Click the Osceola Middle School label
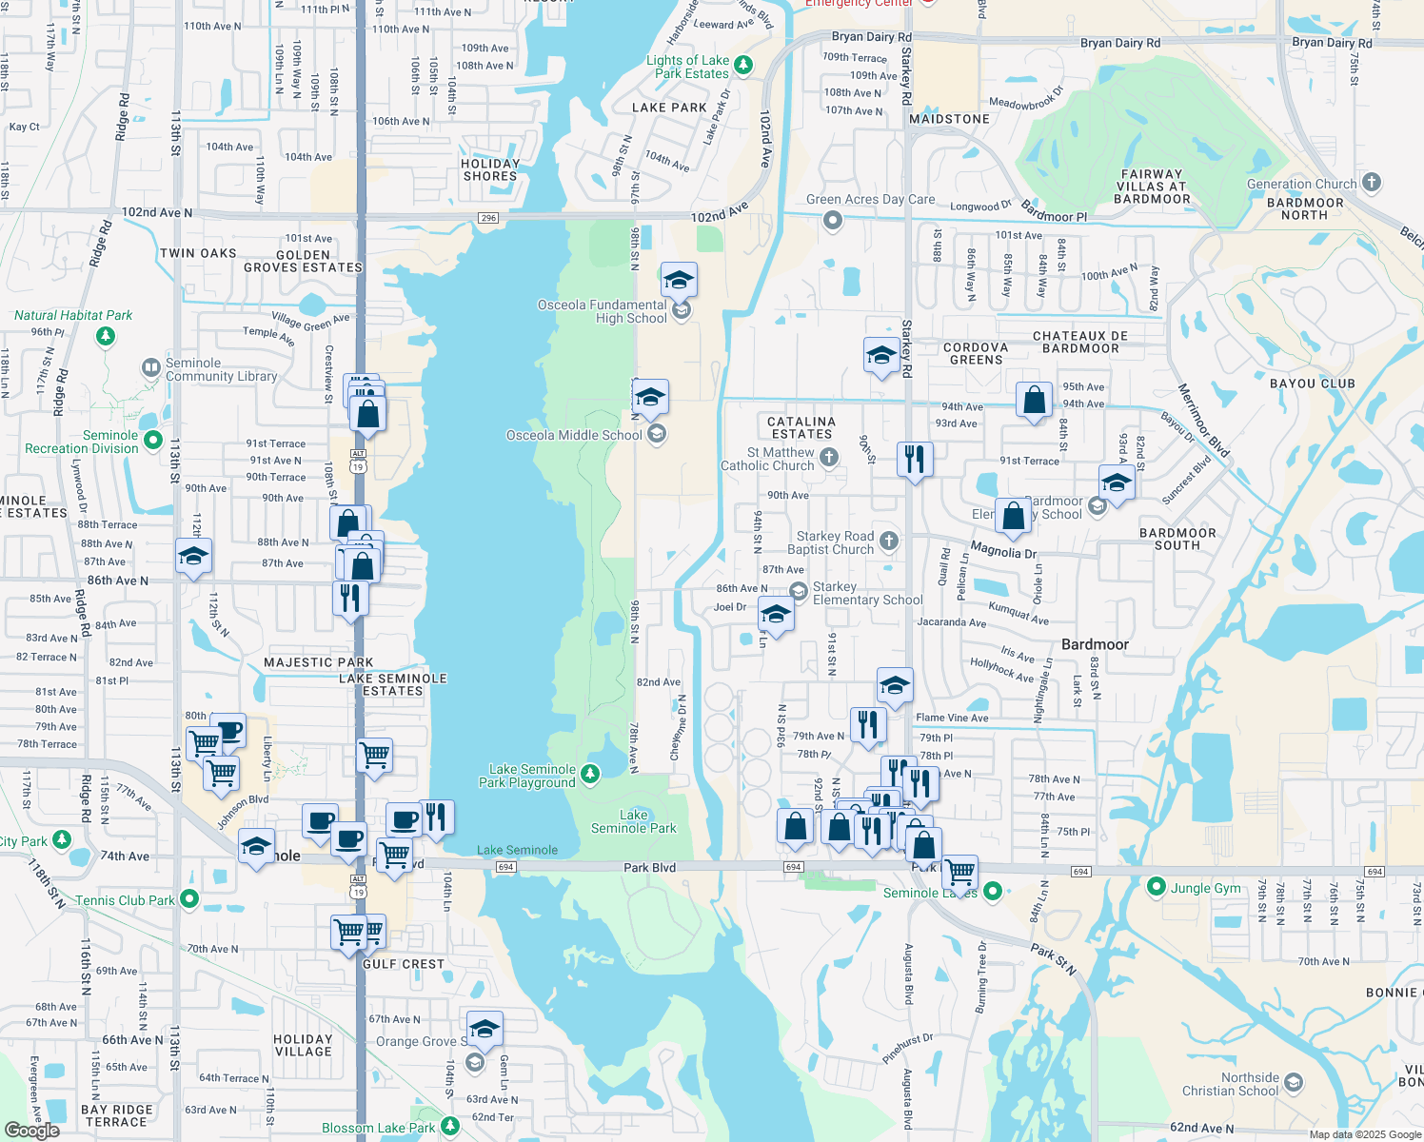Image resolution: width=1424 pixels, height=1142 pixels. coord(574,435)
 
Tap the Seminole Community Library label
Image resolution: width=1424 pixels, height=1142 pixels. coord(221,369)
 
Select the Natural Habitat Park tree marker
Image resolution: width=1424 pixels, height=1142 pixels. coord(106,336)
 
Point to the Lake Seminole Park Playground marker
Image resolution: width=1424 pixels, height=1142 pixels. coord(590,774)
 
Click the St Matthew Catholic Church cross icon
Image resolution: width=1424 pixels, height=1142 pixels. coord(829,458)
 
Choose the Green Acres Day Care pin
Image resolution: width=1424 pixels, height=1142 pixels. coord(833,221)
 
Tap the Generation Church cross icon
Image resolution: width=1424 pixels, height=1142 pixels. coord(1372,182)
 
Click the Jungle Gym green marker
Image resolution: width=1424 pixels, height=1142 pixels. coord(1157,887)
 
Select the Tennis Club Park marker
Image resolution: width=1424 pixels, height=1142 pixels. coord(189,898)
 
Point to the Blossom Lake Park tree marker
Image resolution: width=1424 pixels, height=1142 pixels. coord(450,1127)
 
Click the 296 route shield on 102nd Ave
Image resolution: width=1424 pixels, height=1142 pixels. coord(488,218)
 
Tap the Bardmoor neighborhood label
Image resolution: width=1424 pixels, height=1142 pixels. coord(1095,644)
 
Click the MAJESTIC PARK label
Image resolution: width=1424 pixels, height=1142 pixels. coord(318,662)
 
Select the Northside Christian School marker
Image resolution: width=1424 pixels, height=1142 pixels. coord(1293,1082)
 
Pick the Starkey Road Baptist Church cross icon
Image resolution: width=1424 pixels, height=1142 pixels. coord(889,541)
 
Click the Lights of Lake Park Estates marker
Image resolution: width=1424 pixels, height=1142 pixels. coord(743,66)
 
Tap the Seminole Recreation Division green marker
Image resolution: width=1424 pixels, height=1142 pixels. coord(152,441)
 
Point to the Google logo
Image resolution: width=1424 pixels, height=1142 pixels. coord(31,1130)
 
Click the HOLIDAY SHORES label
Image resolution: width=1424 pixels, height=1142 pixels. coord(489,169)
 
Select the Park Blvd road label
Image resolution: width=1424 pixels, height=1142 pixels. coord(649,867)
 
